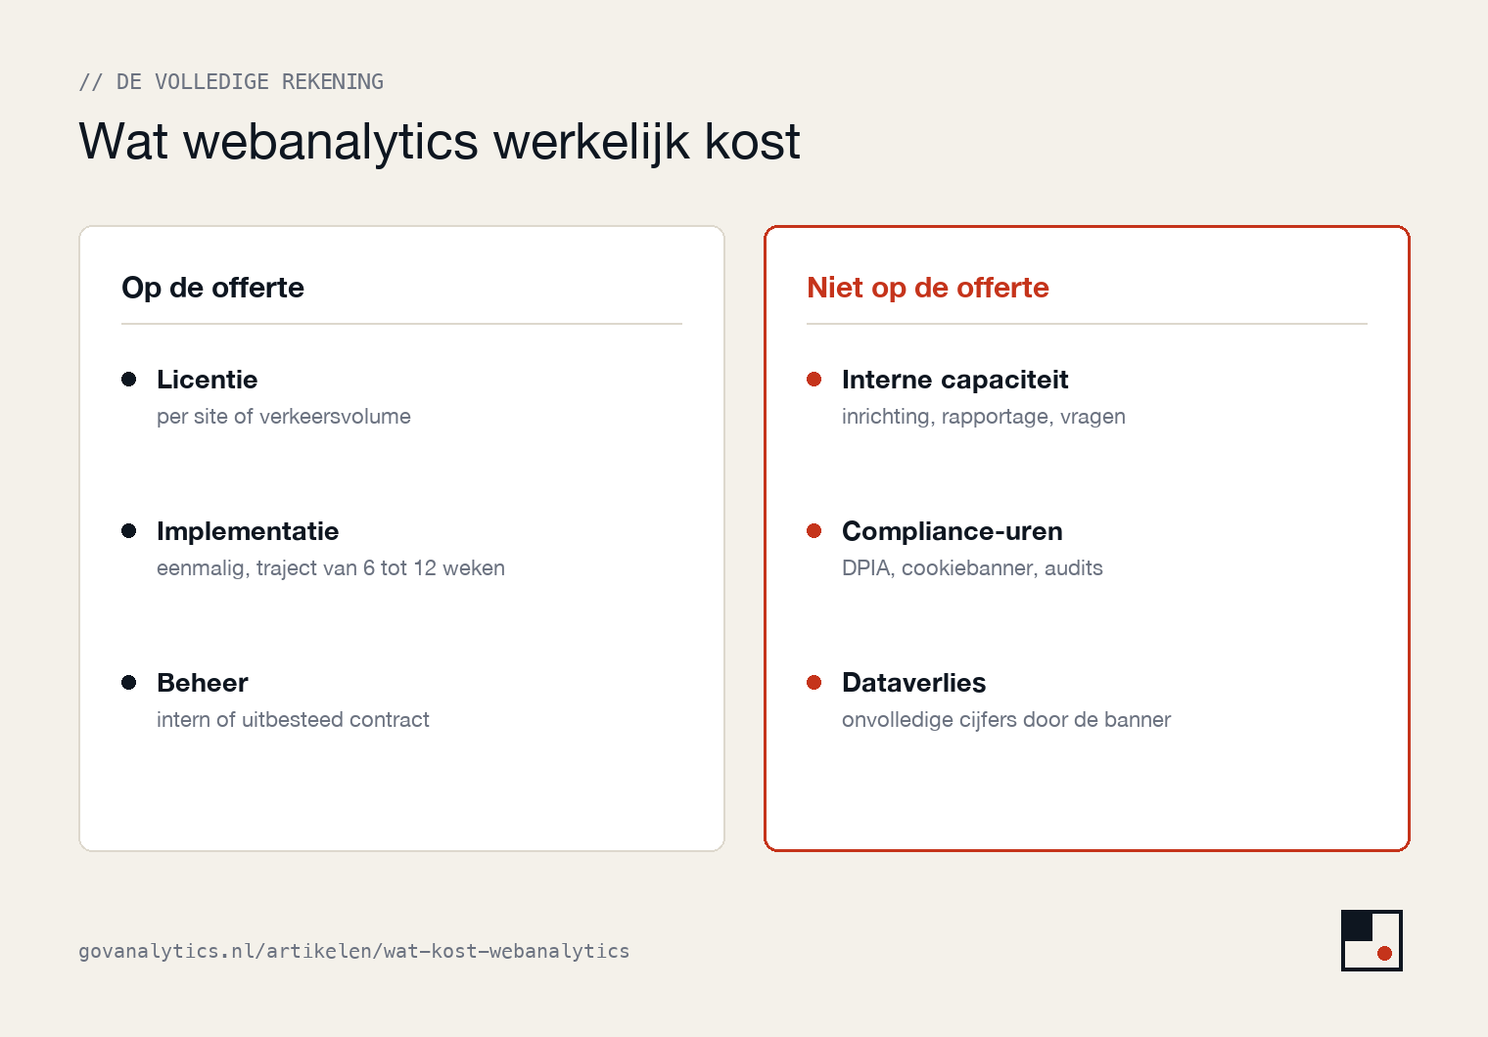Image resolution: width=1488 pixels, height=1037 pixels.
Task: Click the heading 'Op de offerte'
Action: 212,289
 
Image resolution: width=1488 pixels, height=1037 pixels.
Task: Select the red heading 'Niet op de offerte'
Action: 927,289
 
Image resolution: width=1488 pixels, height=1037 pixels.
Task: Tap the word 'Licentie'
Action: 208,380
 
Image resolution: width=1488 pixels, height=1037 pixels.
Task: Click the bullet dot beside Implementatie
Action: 129,531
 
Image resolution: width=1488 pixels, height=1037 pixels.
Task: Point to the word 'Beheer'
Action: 202,683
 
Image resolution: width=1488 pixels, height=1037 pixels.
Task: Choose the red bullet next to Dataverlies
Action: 814,683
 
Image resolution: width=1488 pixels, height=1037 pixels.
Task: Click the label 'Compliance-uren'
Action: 952,531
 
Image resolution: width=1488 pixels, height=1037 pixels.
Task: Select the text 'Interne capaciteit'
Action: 954,380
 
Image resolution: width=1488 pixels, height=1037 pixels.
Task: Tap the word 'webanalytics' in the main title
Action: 331,142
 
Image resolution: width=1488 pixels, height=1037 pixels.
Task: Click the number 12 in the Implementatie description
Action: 425,568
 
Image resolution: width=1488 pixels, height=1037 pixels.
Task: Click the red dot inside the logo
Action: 1384,953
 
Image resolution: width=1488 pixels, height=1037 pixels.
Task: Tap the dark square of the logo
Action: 1357,925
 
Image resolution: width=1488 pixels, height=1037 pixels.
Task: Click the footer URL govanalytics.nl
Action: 354,951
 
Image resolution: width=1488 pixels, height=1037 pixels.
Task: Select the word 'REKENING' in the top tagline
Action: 333,81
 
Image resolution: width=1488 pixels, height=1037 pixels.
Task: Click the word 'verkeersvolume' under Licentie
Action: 335,417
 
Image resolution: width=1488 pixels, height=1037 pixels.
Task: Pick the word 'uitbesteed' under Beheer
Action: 293,720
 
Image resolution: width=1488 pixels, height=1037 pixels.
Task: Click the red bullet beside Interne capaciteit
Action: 814,379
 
